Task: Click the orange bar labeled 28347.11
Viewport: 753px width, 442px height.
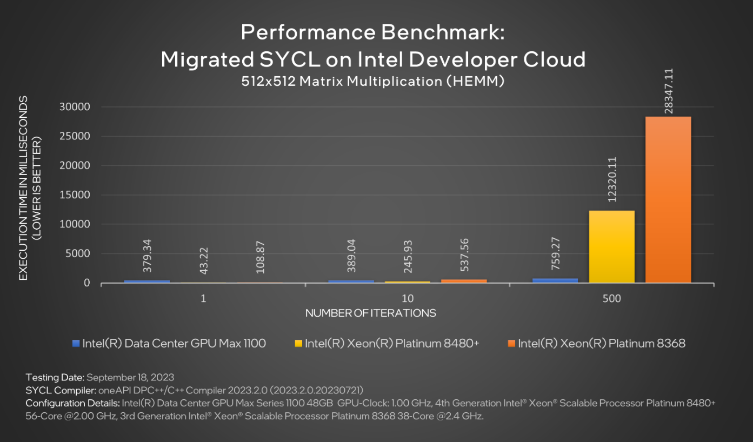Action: [x=668, y=200]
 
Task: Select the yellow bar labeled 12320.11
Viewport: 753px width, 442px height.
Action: [x=611, y=246]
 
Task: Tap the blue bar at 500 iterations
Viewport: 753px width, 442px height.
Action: [x=555, y=280]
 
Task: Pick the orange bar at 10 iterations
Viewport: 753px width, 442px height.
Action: [x=464, y=281]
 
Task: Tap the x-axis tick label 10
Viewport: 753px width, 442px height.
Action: [x=408, y=299]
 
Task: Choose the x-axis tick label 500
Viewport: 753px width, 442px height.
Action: [x=611, y=299]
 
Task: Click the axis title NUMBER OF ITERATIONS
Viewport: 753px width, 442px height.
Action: [x=370, y=313]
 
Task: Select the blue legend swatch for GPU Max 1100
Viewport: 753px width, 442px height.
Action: [x=76, y=344]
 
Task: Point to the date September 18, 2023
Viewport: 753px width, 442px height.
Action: [x=130, y=377]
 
